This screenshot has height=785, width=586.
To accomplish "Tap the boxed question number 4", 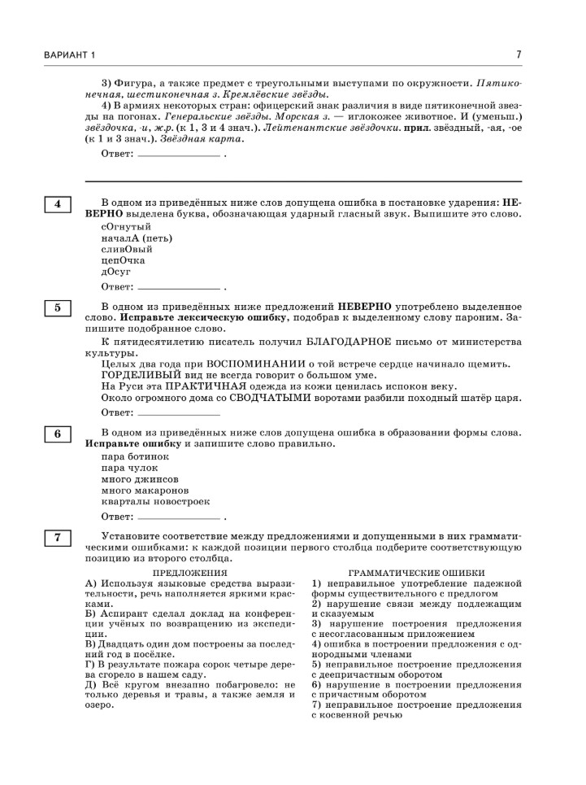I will point(58,204).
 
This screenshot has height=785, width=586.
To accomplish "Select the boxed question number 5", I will point(58,307).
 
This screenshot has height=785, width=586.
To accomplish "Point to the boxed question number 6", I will point(58,434).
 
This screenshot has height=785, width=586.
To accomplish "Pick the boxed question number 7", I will point(58,537).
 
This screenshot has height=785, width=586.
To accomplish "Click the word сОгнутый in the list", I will point(126,226).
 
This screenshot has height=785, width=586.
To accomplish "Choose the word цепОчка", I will point(123,260).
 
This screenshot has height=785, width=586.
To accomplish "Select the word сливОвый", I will point(127,249).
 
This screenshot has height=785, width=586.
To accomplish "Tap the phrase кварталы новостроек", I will point(155,502).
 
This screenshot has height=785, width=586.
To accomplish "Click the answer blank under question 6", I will point(180,517).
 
